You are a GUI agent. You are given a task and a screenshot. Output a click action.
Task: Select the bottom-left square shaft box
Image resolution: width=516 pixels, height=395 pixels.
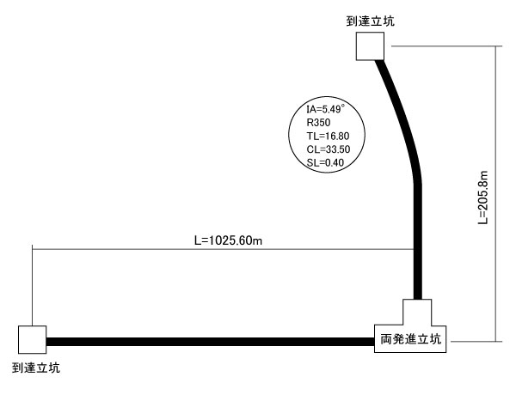pyautogui.click(x=32, y=340)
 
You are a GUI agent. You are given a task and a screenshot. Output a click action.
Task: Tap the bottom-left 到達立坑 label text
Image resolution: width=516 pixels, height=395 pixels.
pyautogui.click(x=36, y=368)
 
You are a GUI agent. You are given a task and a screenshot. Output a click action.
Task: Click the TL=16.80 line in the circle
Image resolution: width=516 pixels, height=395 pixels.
pyautogui.click(x=325, y=136)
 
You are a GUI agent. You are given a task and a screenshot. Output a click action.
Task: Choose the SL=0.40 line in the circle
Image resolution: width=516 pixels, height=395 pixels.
pyautogui.click(x=325, y=161)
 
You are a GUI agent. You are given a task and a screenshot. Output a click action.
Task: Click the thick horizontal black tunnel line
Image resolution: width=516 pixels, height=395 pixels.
pyautogui.click(x=206, y=341)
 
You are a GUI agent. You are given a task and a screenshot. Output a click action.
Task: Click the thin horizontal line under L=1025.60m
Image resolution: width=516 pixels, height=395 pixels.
pyautogui.click(x=172, y=248)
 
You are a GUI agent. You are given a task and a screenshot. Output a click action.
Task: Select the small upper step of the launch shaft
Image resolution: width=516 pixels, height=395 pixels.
pyautogui.click(x=417, y=312)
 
